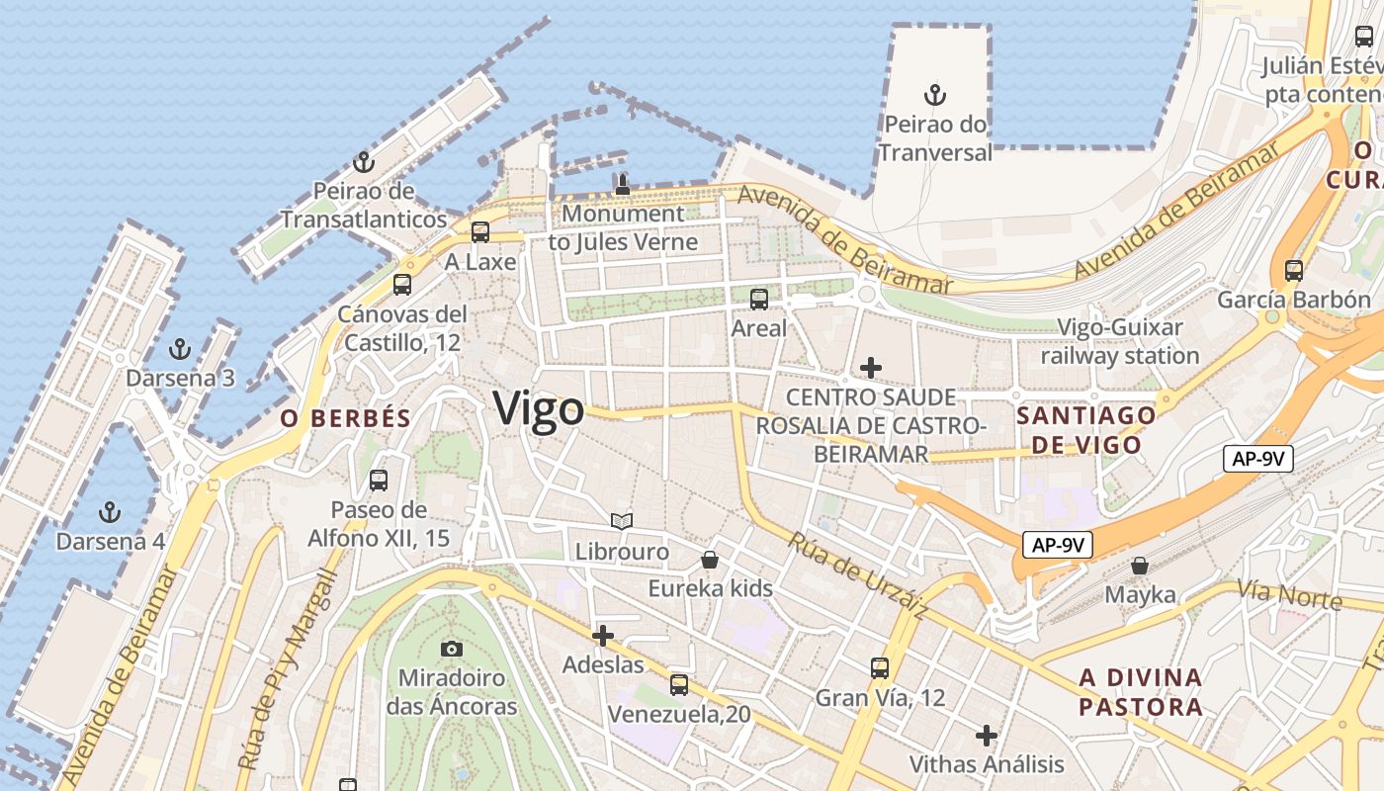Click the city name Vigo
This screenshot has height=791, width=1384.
[x=539, y=408]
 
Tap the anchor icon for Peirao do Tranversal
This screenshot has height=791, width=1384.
[x=934, y=96]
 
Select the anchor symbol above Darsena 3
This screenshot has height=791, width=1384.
[x=179, y=349]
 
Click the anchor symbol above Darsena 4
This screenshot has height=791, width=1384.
[x=110, y=512]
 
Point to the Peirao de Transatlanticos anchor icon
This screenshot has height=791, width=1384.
[x=364, y=162]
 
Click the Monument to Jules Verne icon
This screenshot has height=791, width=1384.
[x=622, y=184]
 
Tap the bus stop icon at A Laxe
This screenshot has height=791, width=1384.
[x=480, y=232]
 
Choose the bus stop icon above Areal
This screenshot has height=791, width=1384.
[x=759, y=299]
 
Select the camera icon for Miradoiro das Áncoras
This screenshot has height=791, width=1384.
[x=452, y=649]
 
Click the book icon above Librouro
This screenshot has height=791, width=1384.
[x=622, y=521]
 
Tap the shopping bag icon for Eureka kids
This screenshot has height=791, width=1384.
[x=710, y=560]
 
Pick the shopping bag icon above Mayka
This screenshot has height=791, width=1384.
[x=1140, y=566]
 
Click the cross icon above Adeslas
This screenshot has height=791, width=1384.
[x=603, y=635]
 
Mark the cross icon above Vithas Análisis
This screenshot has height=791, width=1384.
[x=986, y=736]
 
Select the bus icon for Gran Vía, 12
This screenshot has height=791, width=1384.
[x=880, y=668]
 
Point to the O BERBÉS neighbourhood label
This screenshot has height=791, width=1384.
[x=345, y=418]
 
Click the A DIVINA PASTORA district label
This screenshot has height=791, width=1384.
[x=1141, y=692]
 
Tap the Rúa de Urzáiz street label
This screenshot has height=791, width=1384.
[x=857, y=575]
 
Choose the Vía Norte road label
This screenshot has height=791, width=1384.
[x=1289, y=595]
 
